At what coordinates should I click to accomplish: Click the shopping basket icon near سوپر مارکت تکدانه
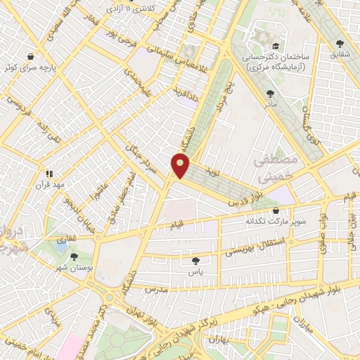[x=275, y=210]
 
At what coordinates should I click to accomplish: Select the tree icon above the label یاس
[x=196, y=261]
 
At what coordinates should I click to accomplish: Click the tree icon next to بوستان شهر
[x=74, y=257]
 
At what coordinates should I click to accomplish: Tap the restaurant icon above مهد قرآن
[x=49, y=173]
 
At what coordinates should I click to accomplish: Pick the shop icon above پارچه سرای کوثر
[x=31, y=57]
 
